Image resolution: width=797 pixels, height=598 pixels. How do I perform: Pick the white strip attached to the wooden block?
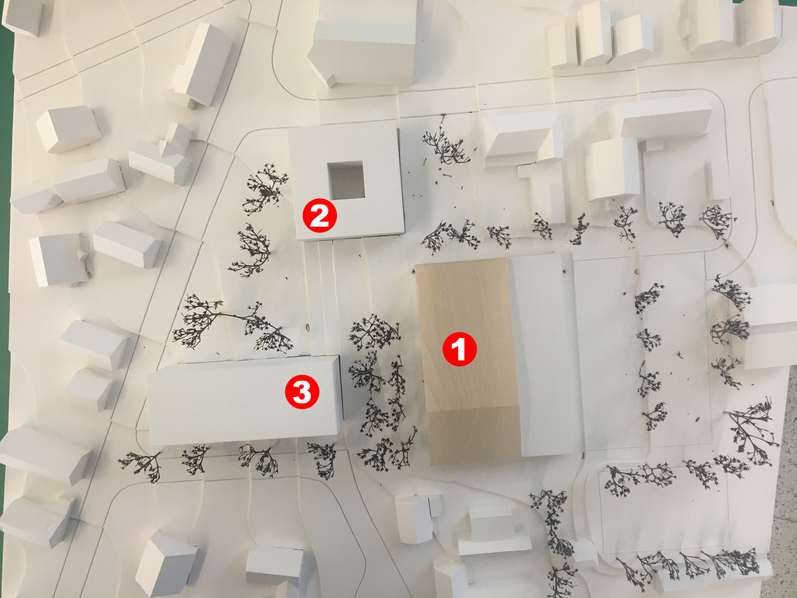pos(540,353)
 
